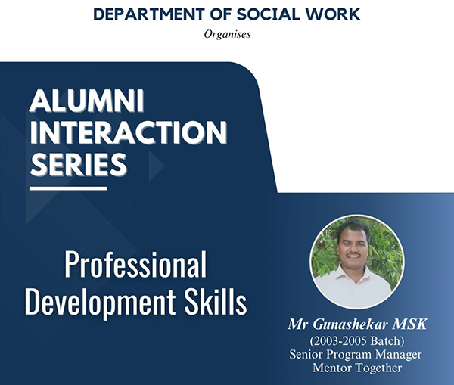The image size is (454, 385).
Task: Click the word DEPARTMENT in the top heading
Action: coord(149,14)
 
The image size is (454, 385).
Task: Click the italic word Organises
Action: coord(227,34)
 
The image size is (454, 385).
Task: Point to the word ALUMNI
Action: coord(87,101)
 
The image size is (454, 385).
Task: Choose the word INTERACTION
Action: coord(129,132)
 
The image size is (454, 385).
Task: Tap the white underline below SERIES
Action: coord(68,188)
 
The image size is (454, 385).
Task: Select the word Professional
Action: coord(135,264)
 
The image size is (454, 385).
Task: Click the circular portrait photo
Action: coord(356,262)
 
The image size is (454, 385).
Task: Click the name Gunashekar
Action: coord(350,324)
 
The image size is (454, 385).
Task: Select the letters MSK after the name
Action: coord(409,324)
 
